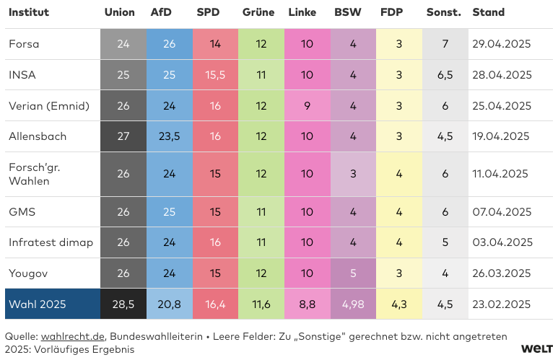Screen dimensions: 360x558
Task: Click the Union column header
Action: tap(119, 12)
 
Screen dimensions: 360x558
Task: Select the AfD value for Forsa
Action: tap(170, 44)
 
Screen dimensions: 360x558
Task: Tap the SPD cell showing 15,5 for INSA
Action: tap(215, 75)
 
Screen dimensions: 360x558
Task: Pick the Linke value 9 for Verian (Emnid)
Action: tap(307, 106)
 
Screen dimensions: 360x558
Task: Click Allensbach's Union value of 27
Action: tap(123, 136)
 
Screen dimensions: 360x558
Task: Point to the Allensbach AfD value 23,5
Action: tap(170, 136)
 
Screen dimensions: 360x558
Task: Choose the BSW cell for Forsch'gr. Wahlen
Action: tap(353, 174)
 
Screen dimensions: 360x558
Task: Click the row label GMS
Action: tap(22, 212)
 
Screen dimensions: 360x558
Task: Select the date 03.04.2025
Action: tap(501, 242)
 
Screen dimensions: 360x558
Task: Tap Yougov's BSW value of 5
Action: tap(353, 273)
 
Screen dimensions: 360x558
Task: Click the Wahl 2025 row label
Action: tap(37, 304)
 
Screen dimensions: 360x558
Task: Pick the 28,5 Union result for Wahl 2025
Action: tap(123, 304)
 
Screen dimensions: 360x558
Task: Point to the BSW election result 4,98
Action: tap(353, 304)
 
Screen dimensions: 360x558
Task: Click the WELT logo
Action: tap(536, 348)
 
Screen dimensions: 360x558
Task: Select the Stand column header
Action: tap(488, 12)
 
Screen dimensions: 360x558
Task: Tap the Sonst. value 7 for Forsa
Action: tap(445, 44)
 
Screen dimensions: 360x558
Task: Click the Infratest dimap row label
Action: tap(51, 242)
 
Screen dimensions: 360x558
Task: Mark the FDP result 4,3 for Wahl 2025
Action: tap(399, 304)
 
